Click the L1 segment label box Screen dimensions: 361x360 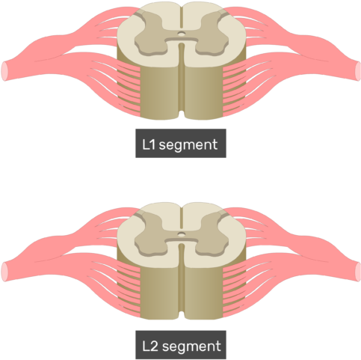coord(181,143)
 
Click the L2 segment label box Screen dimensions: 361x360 coord(181,345)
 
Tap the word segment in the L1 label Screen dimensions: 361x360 coord(188,144)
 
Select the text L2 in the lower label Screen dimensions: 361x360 coord(149,346)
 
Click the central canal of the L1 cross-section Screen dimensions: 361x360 coord(182,33)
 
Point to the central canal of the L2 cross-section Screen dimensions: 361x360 coord(182,234)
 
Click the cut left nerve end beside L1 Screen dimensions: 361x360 coord(4,71)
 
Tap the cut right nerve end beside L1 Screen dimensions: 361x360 coord(357,71)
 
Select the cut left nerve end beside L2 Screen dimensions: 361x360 coord(4,272)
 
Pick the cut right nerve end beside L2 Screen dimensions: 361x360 coord(357,272)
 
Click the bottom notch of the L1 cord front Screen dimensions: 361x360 coord(182,115)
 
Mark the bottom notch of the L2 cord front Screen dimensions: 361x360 coord(182,315)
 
